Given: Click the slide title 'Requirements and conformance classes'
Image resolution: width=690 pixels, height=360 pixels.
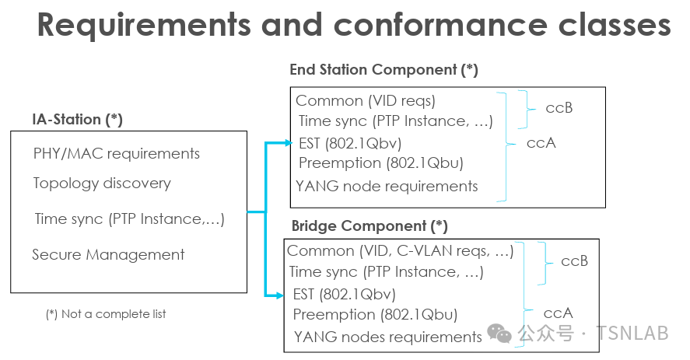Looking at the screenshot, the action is point(354,25).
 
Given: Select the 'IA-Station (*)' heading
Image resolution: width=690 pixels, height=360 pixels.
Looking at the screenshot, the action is point(77,120).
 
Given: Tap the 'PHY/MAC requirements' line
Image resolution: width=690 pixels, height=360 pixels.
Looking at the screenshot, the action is point(117,154).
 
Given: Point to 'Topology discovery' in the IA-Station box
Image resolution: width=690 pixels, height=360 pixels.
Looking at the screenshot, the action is point(102,183).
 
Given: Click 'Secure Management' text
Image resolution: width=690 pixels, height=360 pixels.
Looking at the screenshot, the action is point(108,255).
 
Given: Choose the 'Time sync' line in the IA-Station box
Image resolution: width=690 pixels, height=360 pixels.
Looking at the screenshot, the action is point(130,219).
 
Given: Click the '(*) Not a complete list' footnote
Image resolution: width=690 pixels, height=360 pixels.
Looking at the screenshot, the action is point(106,314).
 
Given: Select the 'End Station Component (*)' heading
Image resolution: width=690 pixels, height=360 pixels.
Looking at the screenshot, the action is point(384,70).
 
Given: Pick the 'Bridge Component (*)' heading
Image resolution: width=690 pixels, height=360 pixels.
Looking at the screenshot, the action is point(370,226).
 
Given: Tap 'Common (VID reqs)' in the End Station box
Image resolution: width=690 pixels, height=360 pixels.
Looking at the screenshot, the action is point(366,101).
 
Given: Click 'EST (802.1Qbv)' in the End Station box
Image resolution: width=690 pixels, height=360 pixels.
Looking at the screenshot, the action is point(350,144).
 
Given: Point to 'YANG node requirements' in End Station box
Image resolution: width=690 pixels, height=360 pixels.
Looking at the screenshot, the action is point(387,187).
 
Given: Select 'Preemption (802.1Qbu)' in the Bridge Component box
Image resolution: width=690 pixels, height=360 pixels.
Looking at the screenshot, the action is point(376,315).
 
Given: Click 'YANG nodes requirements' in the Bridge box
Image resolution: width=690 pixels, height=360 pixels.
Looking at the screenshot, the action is point(388,337).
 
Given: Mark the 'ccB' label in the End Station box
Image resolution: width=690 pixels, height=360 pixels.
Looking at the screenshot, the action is point(559,108).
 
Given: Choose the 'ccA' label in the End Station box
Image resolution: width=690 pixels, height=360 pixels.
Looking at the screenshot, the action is point(541,143).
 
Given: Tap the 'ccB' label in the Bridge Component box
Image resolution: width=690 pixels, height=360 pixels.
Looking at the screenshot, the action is point(574,261).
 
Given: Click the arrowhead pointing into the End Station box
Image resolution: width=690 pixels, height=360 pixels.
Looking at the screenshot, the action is point(289,142).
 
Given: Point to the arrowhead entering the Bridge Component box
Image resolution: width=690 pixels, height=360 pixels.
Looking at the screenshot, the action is point(280,295).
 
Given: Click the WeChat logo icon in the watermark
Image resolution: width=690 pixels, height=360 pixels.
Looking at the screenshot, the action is point(499,333).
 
